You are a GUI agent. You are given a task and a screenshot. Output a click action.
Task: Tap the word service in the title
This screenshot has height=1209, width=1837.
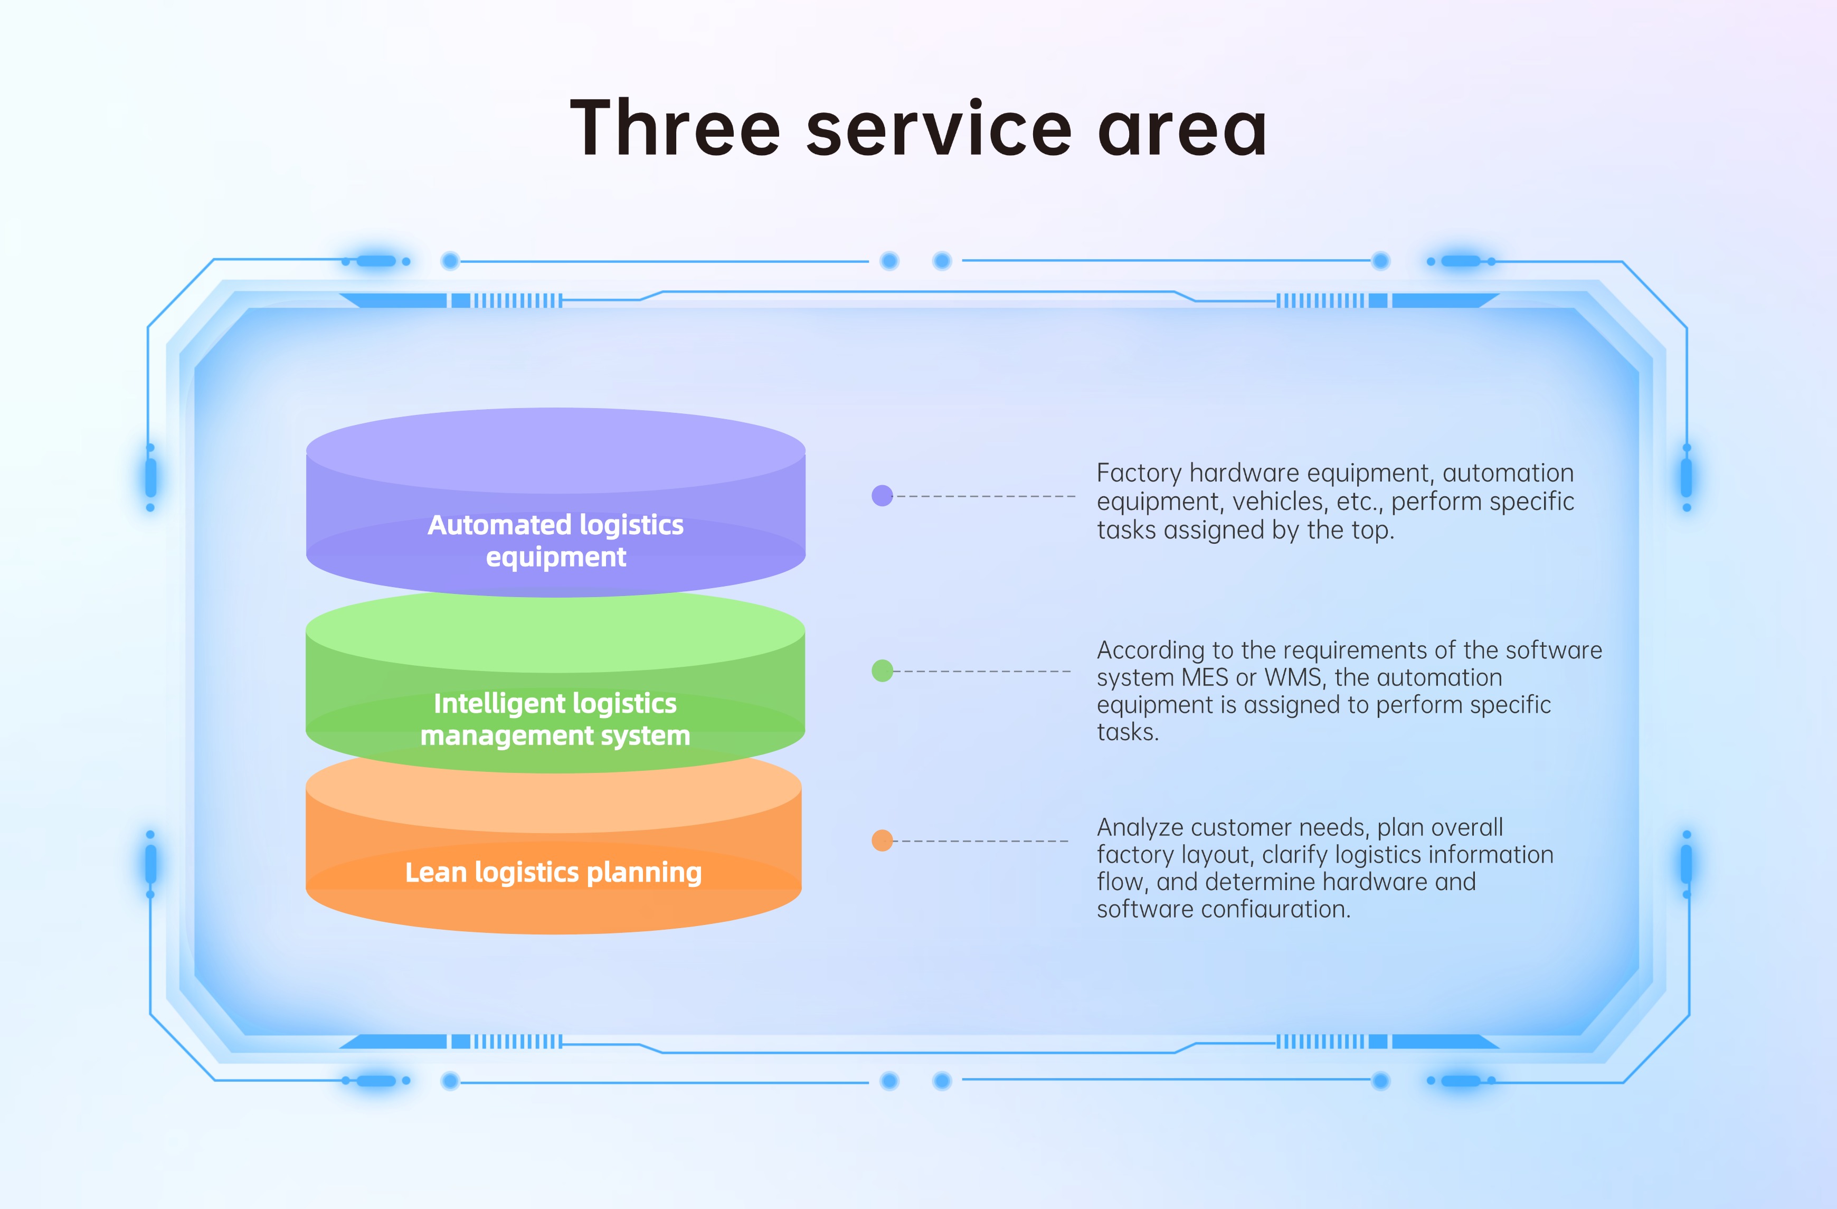(939, 130)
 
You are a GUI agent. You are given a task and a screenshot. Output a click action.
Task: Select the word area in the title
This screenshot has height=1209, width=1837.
(1182, 130)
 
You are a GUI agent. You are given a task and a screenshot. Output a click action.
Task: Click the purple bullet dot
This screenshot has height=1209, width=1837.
(882, 496)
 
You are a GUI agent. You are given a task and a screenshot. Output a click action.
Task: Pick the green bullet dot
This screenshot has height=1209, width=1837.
(882, 671)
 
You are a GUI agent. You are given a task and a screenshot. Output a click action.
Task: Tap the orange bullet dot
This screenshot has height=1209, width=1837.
(882, 840)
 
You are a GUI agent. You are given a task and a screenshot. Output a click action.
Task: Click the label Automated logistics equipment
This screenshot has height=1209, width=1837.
(556, 541)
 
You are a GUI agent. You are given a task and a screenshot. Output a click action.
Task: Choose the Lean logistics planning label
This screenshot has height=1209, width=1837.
(553, 872)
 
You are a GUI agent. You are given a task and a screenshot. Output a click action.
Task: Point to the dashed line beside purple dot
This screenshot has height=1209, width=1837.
(985, 496)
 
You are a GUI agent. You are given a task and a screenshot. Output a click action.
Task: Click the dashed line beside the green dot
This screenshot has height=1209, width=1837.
(982, 671)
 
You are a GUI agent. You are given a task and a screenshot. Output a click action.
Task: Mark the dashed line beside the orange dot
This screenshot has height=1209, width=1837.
(981, 840)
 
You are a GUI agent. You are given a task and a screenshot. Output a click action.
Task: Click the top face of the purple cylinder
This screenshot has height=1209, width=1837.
(556, 450)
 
